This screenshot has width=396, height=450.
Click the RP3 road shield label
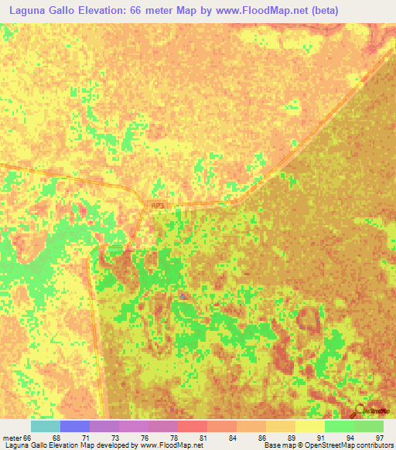(x=158, y=205)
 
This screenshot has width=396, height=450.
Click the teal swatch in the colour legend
(x=45, y=426)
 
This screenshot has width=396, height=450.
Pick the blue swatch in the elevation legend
(x=74, y=426)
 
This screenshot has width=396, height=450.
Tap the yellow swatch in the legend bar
(x=309, y=426)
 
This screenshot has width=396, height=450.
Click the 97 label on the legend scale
(x=379, y=438)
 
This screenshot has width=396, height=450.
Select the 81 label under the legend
(x=203, y=438)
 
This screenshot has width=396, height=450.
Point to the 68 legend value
(x=56, y=438)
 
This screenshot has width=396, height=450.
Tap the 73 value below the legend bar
(x=114, y=438)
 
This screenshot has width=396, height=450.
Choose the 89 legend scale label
(x=291, y=438)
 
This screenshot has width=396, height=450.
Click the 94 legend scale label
(x=350, y=438)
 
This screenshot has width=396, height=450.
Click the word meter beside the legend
(x=12, y=438)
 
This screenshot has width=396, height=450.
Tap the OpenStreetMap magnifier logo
(x=361, y=408)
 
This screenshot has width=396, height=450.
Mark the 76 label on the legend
(x=144, y=438)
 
